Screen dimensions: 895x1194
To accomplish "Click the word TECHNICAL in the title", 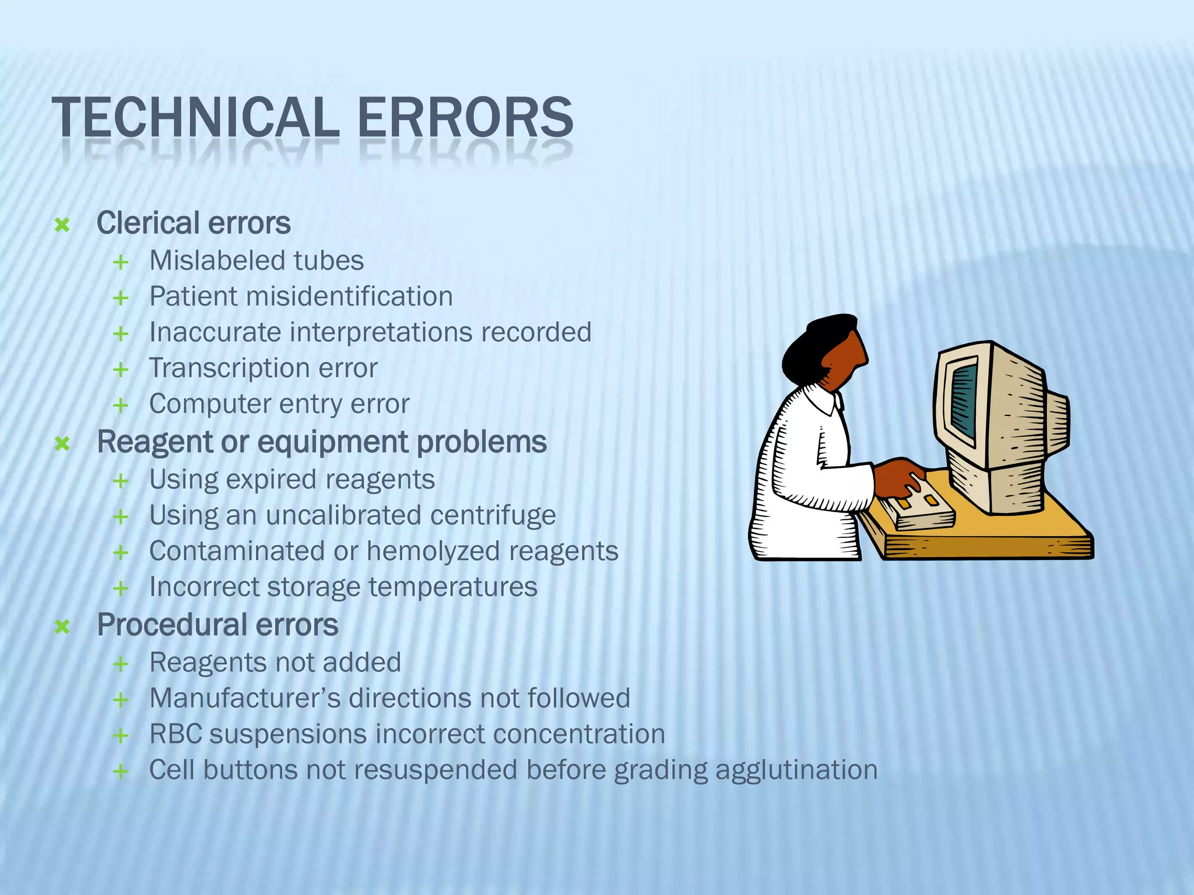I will pos(195,118).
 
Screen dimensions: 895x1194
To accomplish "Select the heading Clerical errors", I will pos(193,223).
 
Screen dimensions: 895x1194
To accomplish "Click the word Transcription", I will pos(225,368).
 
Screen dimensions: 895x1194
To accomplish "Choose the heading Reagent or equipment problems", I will pos(321,442).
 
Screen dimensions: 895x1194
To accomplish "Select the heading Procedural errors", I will pos(217,625).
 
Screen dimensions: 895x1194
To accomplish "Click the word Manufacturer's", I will pos(245,698).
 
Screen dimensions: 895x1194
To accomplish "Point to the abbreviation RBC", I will pos(175,734).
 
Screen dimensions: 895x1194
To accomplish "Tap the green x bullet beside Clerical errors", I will pos(62,225).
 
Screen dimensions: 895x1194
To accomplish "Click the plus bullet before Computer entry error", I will pos(121,405).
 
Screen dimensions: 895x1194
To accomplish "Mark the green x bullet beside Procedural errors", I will pos(62,627).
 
